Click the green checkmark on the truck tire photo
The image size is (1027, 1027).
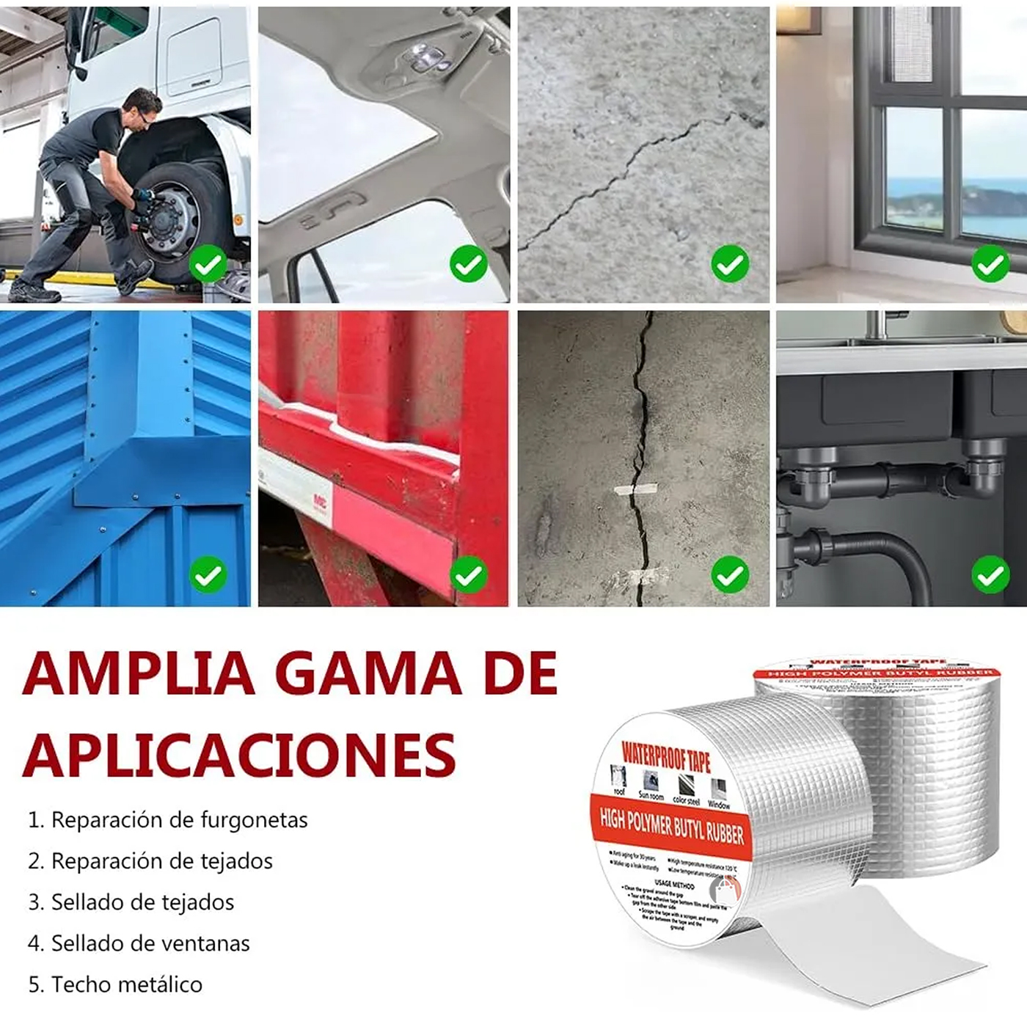[208, 264]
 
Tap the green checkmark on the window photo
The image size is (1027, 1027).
[990, 264]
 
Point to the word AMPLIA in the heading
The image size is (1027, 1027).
[139, 673]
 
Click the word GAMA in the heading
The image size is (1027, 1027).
[372, 673]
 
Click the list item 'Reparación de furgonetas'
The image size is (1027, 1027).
[168, 819]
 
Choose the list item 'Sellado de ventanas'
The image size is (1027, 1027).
[139, 943]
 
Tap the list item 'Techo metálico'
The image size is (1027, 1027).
[115, 984]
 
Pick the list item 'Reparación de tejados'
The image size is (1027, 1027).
[150, 860]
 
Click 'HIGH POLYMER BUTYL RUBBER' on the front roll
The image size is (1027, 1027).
[671, 825]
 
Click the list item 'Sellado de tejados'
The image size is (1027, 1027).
[131, 902]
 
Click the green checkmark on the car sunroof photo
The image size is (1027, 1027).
[468, 264]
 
